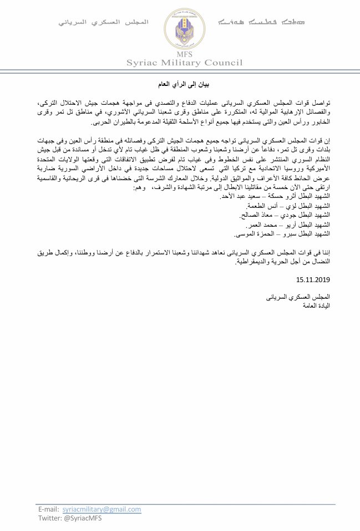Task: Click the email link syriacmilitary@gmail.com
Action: (102, 508)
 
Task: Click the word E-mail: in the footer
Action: (49, 508)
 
